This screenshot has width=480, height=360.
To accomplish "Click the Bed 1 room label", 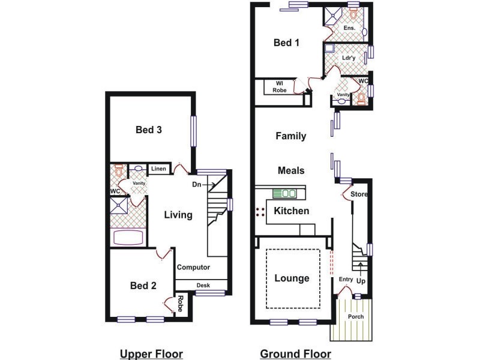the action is (286, 43).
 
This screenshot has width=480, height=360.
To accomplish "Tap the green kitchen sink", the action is (284, 193).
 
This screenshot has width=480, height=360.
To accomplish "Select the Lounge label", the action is (292, 278).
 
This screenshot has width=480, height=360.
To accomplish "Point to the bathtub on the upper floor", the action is (128, 237).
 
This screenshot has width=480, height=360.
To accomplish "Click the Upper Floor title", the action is (152, 354).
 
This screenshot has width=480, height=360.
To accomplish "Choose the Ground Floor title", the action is (295, 354).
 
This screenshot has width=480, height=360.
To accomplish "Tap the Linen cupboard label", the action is (158, 169).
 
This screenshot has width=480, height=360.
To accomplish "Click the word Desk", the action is (203, 286).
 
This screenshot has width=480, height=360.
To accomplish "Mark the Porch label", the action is (356, 317).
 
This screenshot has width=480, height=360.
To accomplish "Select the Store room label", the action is (359, 194).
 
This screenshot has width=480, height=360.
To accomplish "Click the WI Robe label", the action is (280, 87).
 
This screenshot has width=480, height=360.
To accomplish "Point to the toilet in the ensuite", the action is (353, 14).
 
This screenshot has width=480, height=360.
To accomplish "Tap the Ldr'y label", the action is (349, 58).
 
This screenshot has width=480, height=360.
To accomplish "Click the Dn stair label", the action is (197, 184).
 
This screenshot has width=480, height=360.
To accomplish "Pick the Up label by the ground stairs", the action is (361, 281).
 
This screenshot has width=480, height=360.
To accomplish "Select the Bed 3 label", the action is (148, 130).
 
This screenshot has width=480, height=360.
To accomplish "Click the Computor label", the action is (193, 267).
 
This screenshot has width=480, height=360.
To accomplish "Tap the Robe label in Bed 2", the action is (180, 304).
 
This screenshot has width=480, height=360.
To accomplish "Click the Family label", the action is (291, 136).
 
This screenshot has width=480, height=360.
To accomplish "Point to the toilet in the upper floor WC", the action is (119, 170).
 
